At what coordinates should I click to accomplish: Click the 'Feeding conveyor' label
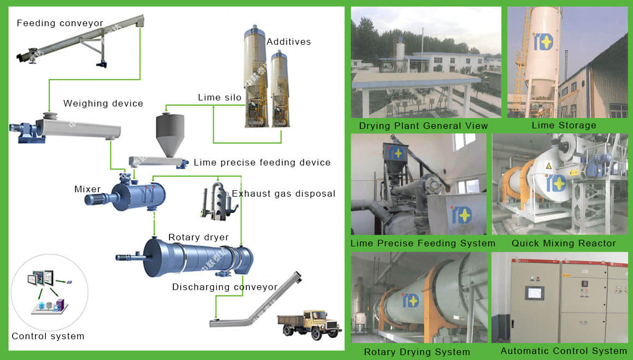pyautogui.click(x=60, y=23)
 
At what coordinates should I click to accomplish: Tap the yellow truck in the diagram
pyautogui.click(x=309, y=323)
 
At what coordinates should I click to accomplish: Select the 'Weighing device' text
pyautogui.click(x=103, y=103)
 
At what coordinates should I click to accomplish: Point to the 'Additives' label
pyautogui.click(x=288, y=42)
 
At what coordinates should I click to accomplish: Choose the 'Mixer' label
pyautogui.click(x=87, y=189)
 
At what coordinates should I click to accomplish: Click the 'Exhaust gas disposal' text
pyautogui.click(x=283, y=193)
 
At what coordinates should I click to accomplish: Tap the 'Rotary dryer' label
pyautogui.click(x=198, y=237)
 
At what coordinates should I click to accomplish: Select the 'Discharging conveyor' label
pyautogui.click(x=225, y=287)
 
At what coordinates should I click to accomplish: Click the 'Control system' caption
pyautogui.click(x=48, y=336)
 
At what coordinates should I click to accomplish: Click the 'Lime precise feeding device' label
pyautogui.click(x=262, y=162)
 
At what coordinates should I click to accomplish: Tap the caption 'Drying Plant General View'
pyautogui.click(x=423, y=126)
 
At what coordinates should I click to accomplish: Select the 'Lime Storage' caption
pyautogui.click(x=564, y=125)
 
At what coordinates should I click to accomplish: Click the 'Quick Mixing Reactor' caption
pyautogui.click(x=564, y=243)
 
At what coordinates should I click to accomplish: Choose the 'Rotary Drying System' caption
pyautogui.click(x=417, y=352)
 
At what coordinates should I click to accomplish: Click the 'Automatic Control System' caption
pyautogui.click(x=564, y=351)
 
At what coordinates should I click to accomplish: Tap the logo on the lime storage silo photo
pyautogui.click(x=543, y=42)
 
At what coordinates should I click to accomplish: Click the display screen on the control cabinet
pyautogui.click(x=534, y=293)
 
